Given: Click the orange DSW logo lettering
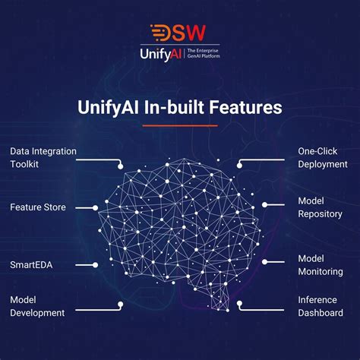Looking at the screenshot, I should (179, 33).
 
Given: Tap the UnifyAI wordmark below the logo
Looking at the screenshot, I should (160, 55).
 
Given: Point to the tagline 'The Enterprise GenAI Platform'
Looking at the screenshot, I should (202, 55).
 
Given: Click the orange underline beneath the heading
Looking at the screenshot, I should (180, 125).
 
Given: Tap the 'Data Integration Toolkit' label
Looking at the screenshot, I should (43, 157).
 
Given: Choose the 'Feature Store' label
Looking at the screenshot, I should (38, 207).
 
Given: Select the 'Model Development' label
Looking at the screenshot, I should (37, 306).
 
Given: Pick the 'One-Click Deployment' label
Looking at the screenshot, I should (322, 157).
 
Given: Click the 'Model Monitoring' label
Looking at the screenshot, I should (320, 265).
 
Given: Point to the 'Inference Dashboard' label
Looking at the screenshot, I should (320, 306).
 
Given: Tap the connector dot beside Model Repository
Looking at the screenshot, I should (264, 207).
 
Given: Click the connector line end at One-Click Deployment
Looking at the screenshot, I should (239, 164).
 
